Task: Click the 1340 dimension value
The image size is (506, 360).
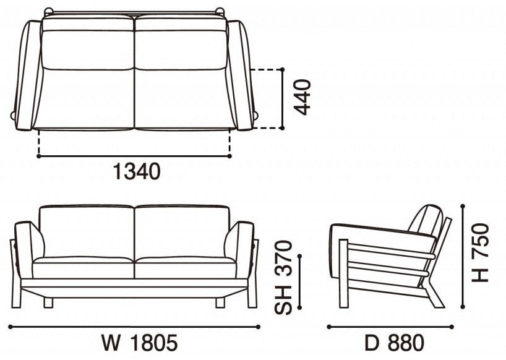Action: tap(137, 171)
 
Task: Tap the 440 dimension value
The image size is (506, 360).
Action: tap(303, 97)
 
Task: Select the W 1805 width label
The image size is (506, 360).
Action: tap(140, 342)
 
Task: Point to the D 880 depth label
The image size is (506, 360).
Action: tap(394, 342)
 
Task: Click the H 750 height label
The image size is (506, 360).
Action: tap(481, 253)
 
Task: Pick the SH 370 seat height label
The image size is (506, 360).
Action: tap(283, 277)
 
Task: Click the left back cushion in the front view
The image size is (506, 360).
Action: tap(87, 231)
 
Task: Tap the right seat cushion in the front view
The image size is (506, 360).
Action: tap(185, 268)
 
